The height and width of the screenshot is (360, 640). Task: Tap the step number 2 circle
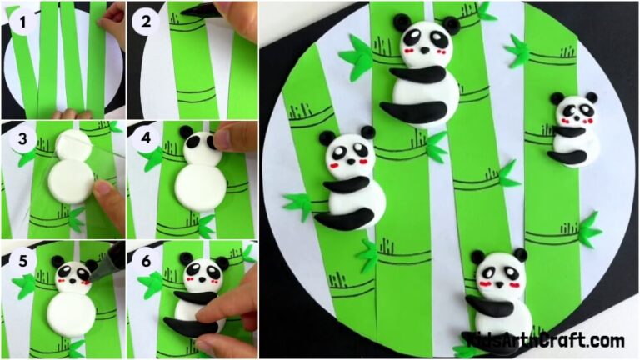pos(147,22)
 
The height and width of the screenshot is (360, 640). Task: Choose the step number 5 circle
pos(23,260)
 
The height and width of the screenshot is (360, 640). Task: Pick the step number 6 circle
pos(147,260)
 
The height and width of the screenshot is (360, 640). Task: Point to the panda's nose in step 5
pos(72,281)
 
